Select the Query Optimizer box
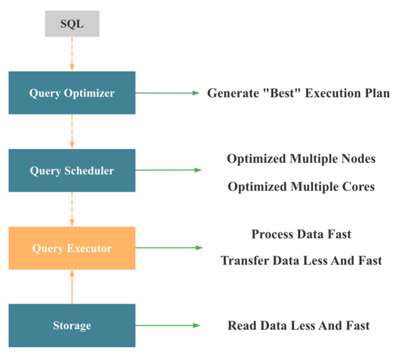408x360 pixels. coord(72,93)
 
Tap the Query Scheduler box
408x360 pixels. coord(72,170)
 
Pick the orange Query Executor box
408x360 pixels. coord(72,249)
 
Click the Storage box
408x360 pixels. coord(72,326)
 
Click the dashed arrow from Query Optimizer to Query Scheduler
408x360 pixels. coord(72,132)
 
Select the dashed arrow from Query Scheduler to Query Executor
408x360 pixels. coord(72,209)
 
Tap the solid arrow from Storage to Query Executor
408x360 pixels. coord(72,287)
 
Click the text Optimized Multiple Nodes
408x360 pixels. coord(301,158)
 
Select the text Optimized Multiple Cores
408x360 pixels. coord(301,187)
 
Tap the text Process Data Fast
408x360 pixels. coord(301,234)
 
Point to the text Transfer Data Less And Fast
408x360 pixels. coord(301,261)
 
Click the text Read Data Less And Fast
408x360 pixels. coord(299,326)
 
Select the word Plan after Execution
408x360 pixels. coord(376,93)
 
